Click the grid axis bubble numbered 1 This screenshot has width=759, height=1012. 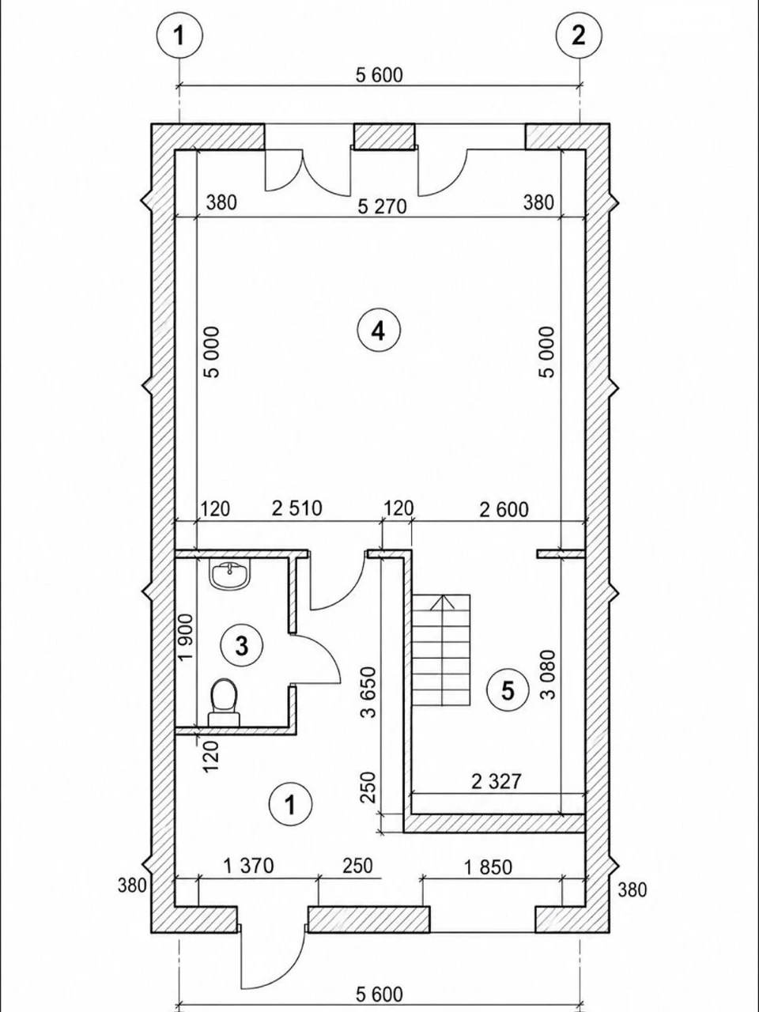(179, 35)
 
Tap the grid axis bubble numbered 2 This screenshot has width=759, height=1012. (579, 35)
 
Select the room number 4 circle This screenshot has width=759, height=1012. (379, 330)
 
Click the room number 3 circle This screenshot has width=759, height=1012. (242, 645)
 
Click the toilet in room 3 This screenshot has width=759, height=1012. (225, 702)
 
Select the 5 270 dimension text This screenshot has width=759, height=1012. (382, 207)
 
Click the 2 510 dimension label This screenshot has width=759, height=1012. (296, 508)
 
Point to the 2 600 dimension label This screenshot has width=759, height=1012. (504, 510)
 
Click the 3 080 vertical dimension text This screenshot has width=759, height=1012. (549, 674)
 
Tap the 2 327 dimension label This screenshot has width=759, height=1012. (497, 781)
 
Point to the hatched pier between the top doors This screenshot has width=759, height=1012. (383, 137)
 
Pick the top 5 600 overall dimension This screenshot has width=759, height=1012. (379, 74)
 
